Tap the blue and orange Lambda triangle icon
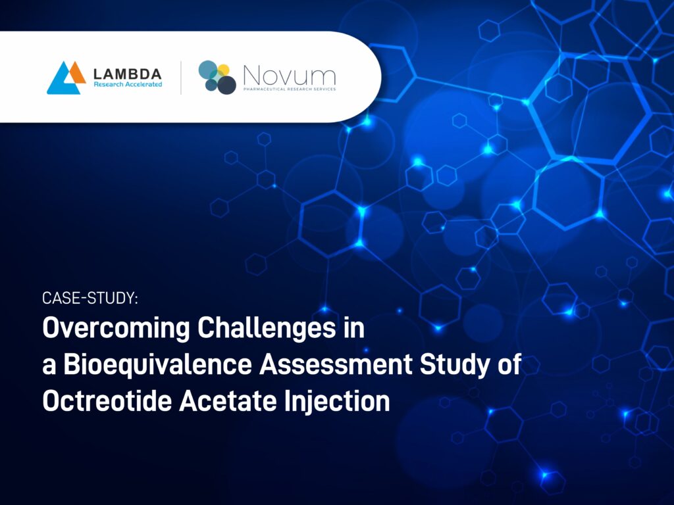[66, 78]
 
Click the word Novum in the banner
[288, 74]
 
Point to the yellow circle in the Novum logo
[223, 70]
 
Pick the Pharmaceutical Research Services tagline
[288, 89]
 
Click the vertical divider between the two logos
[181, 78]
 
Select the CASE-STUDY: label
[90, 298]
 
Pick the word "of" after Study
[509, 365]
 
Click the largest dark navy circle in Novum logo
[226, 85]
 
